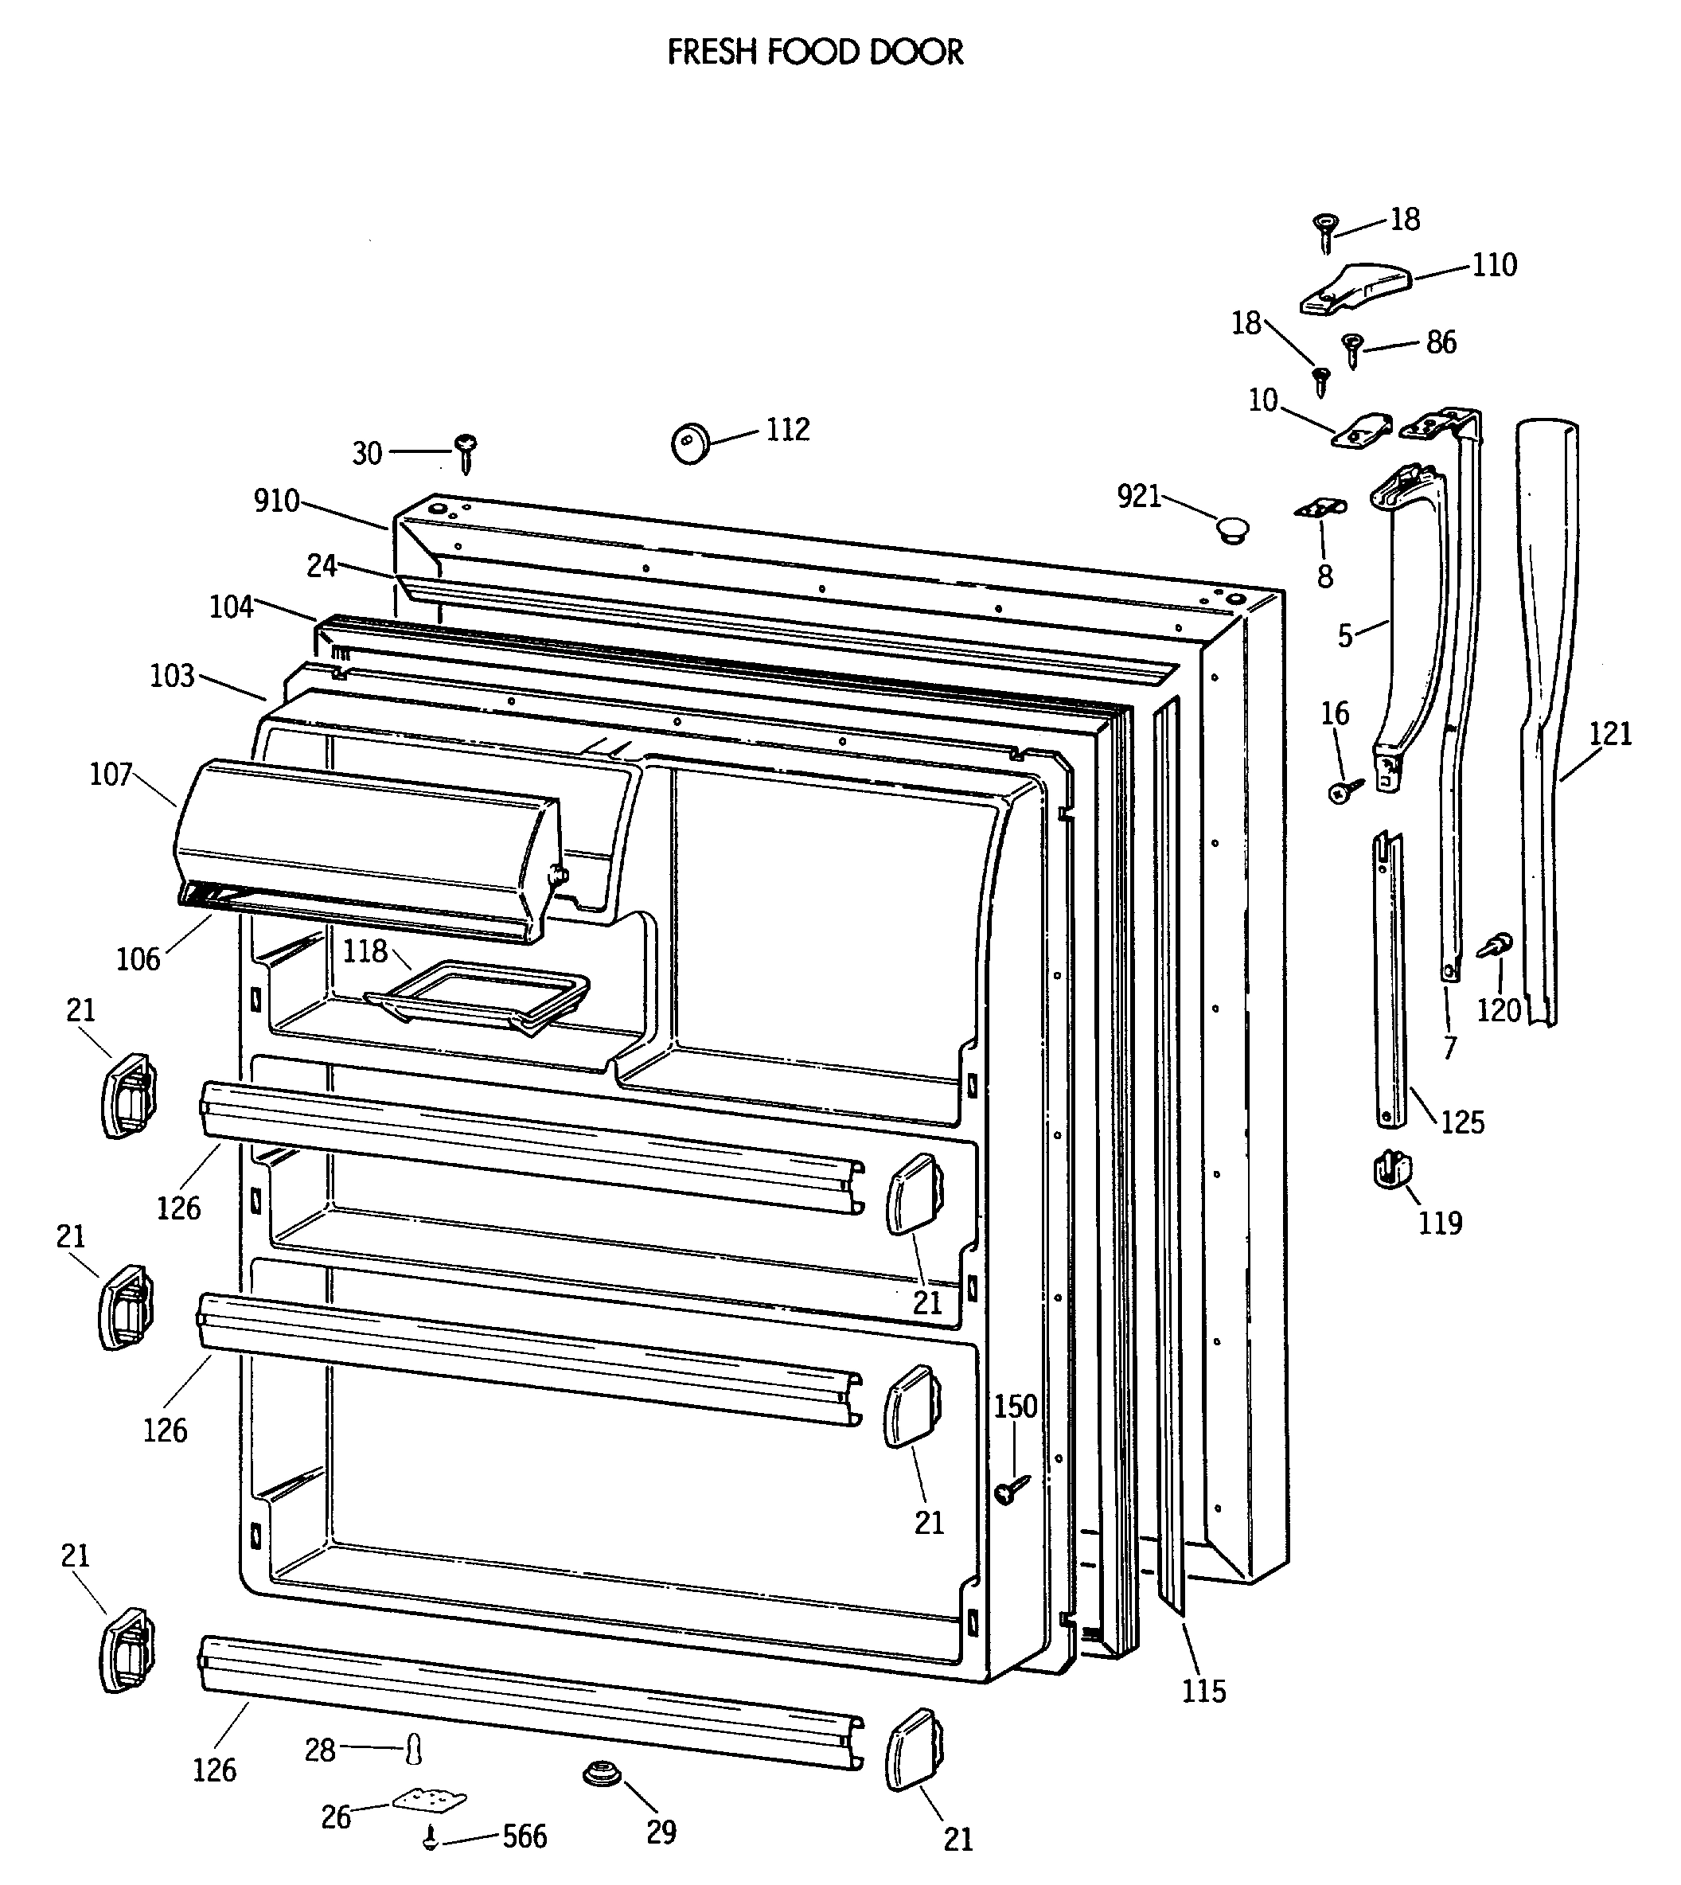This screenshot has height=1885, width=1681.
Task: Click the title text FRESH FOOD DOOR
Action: pyautogui.click(x=815, y=53)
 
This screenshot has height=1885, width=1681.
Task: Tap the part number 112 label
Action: pyautogui.click(x=787, y=430)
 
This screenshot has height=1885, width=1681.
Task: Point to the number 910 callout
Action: pyautogui.click(x=276, y=501)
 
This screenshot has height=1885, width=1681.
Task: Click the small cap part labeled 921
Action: pyautogui.click(x=1231, y=530)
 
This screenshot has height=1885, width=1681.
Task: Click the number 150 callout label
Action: pyautogui.click(x=1015, y=1407)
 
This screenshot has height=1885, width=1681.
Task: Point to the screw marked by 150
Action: pyautogui.click(x=1011, y=1488)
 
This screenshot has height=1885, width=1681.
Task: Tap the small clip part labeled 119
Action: pyautogui.click(x=1392, y=1171)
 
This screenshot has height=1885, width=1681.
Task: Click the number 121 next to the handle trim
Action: pyautogui.click(x=1610, y=733)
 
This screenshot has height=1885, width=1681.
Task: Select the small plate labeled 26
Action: pyautogui.click(x=430, y=1800)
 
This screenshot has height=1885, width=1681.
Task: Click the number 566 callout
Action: pyautogui.click(x=525, y=1836)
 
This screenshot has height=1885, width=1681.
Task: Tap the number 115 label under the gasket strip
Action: pyautogui.click(x=1203, y=1691)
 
